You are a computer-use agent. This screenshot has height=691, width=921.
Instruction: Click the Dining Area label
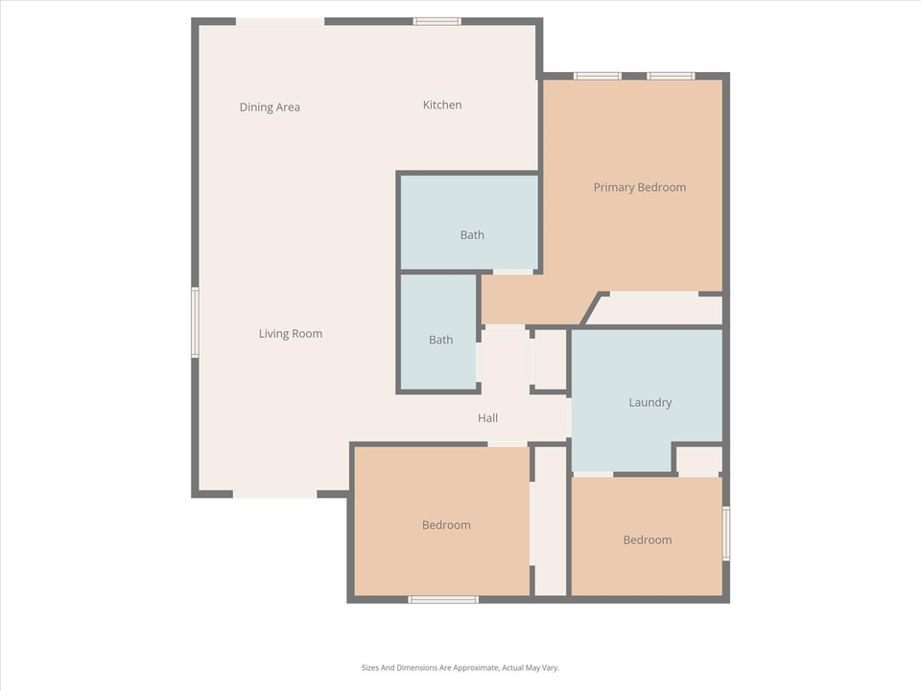270,107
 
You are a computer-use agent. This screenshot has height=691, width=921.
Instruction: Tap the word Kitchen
442,105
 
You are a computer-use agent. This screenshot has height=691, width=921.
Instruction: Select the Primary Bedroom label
639,187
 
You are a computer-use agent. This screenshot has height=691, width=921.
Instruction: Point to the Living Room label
291,334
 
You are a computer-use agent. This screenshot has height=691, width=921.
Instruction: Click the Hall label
487,418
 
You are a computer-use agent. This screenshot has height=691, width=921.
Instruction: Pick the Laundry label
649,402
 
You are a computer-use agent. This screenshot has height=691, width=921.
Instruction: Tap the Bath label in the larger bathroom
472,235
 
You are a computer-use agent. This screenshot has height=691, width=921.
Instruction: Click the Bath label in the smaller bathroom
440,340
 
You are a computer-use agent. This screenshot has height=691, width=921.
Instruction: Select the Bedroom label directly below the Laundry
648,539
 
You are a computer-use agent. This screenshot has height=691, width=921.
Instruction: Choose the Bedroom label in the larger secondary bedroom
446,525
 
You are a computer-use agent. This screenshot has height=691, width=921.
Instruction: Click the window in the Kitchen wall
437,21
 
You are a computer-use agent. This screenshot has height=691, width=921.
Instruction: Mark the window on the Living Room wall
195,322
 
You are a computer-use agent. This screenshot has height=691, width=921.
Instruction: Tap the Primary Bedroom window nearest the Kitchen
597,76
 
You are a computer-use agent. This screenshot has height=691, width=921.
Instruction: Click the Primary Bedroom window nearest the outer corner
671,76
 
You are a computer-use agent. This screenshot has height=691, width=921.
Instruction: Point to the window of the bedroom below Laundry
726,533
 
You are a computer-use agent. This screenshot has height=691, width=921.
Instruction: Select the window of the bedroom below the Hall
443,600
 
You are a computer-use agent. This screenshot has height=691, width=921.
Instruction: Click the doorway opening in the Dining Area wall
280,21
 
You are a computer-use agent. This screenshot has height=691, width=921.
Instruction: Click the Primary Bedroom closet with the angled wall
658,310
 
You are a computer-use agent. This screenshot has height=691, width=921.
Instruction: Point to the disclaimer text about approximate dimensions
460,667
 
